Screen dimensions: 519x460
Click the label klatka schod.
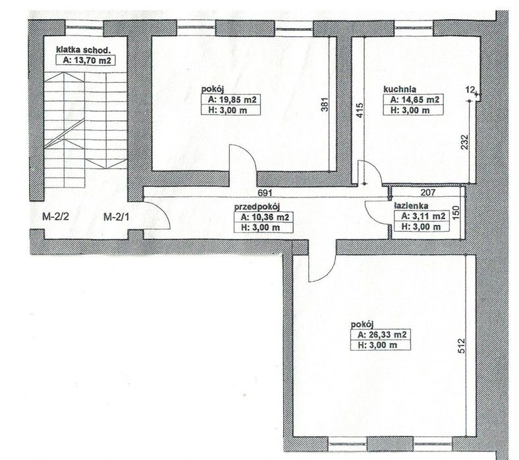[83, 50]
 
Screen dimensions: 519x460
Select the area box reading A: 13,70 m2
[86, 60]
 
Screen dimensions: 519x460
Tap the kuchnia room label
[400, 89]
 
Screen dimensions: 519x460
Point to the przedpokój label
[257, 207]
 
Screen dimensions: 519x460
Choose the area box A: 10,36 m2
[263, 217]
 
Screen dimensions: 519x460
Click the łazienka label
[411, 205]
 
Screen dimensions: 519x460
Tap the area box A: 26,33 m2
[381, 334]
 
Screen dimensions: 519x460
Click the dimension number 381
[325, 104]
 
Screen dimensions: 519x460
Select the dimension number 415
[360, 111]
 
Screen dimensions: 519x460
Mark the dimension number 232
[465, 141]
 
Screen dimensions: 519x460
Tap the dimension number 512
[462, 345]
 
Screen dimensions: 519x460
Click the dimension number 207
[428, 192]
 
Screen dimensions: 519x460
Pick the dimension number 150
[456, 213]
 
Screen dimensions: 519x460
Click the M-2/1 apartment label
[117, 217]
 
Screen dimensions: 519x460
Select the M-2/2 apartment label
[55, 217]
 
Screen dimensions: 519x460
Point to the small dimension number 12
[470, 89]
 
